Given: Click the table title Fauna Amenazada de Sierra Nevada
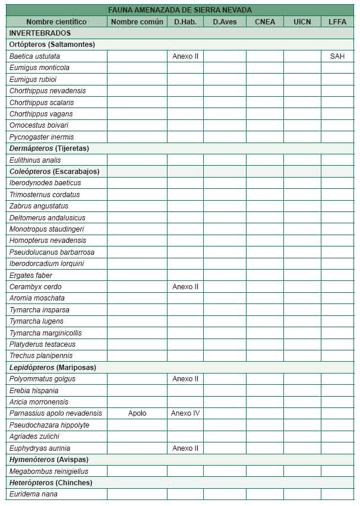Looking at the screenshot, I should tap(180, 10).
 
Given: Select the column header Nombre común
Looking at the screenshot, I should tap(137, 21).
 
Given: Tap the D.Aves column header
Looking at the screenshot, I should tap(225, 21).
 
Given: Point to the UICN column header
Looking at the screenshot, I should tap(302, 21).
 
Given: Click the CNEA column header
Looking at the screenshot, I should tap(265, 21).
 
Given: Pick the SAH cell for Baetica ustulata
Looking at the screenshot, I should tap(337, 56).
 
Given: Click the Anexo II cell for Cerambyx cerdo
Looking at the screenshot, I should tap(185, 287).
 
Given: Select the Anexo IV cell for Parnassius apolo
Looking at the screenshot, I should tap(185, 413).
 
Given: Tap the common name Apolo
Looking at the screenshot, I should tap(137, 413).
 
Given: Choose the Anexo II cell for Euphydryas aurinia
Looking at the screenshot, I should tap(185, 448).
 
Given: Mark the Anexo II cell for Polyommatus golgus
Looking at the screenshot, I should tap(185, 379).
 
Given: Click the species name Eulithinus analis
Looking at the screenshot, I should tap(35, 160).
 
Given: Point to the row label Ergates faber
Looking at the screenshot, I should tap(31, 276).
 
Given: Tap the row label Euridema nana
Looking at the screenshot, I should tap(33, 494).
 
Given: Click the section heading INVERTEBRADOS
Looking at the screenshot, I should tap(40, 33).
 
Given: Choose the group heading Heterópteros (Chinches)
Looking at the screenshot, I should tap(51, 483).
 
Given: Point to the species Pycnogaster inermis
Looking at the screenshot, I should tap(42, 137).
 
